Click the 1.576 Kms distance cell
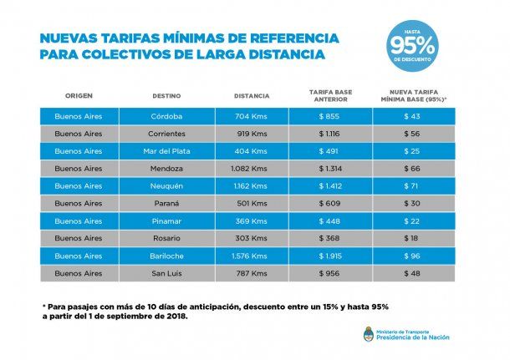[x=252, y=255]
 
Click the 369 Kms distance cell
[x=252, y=220]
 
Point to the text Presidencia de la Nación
[x=423, y=339]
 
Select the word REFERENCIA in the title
[x=288, y=38]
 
